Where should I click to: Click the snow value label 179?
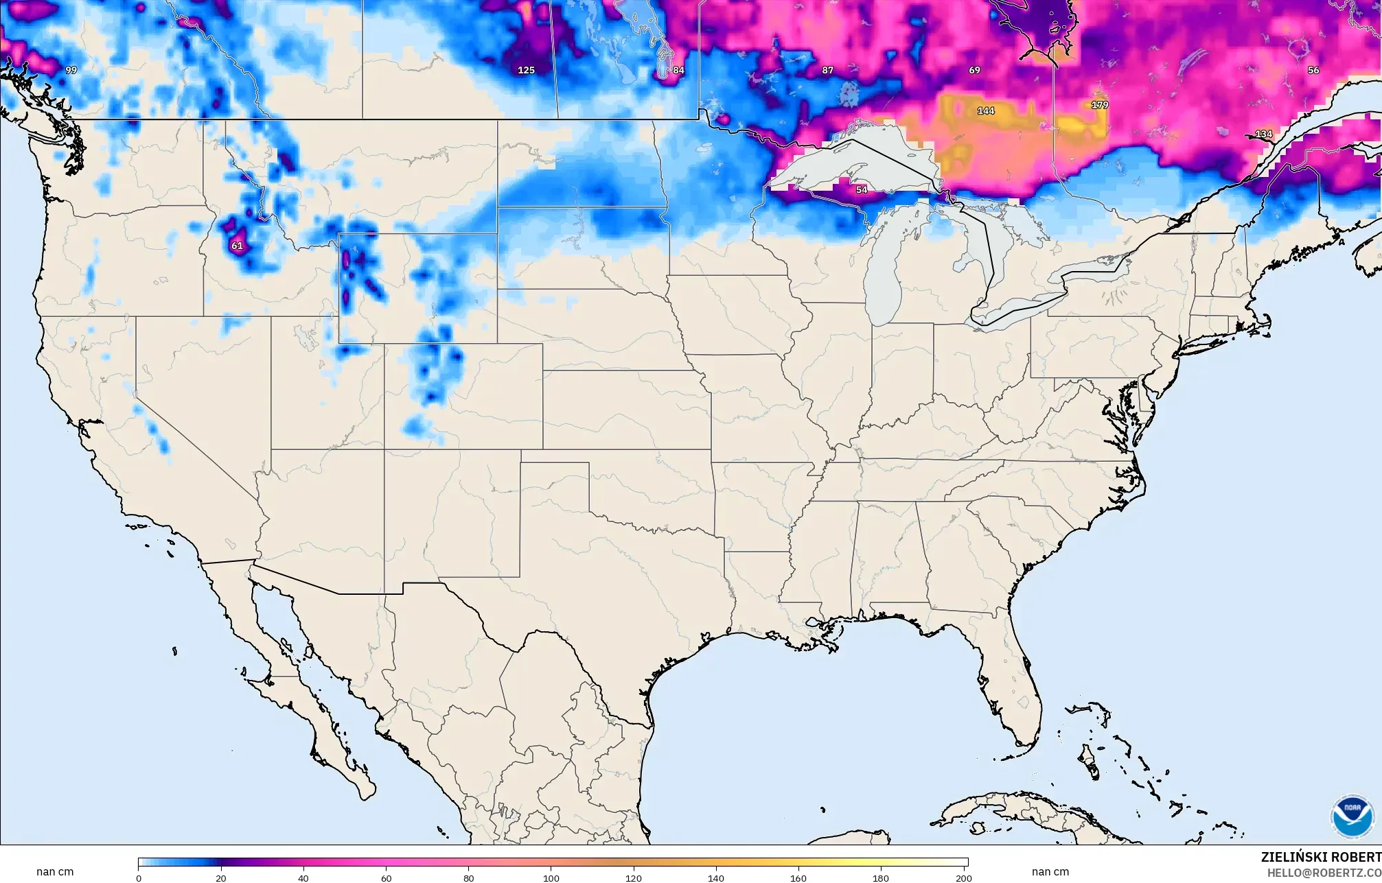click(1099, 105)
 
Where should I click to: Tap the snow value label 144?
click(986, 110)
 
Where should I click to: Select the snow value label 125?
click(526, 70)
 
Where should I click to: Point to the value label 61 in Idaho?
click(237, 246)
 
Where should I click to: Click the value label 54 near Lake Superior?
click(862, 189)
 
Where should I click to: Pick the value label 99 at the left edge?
click(71, 70)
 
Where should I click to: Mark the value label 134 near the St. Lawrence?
click(1263, 134)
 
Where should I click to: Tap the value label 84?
click(678, 70)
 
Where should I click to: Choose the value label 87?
click(827, 70)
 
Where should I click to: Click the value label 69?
click(974, 70)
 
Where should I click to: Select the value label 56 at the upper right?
click(1313, 70)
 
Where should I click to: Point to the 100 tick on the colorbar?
click(551, 878)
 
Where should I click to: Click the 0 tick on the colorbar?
click(139, 878)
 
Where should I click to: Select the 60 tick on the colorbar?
click(386, 878)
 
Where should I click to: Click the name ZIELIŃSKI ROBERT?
click(1321, 858)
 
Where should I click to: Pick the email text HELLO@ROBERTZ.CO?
click(1324, 873)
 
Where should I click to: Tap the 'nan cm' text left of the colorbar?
click(55, 872)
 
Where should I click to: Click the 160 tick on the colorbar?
click(798, 878)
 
